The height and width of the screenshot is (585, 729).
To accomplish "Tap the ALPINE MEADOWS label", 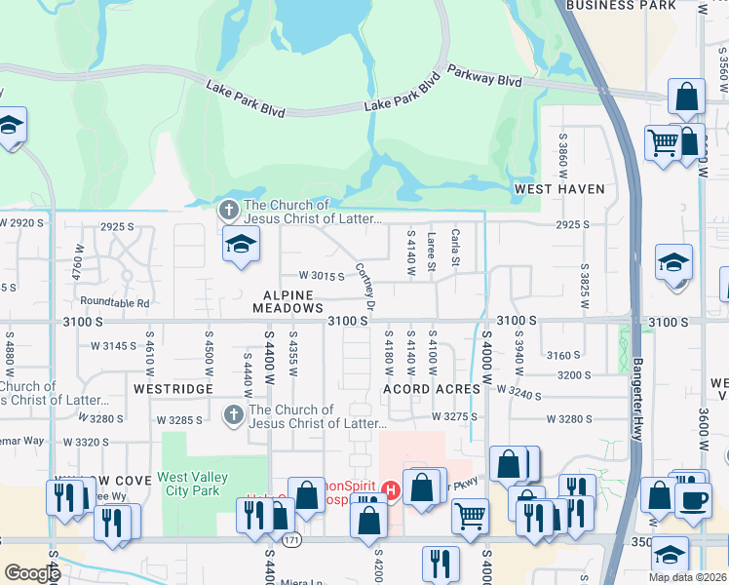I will click(288, 301).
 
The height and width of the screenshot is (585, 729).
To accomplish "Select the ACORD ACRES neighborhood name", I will click(432, 389).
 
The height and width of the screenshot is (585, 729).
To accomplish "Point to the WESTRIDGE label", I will click(173, 388).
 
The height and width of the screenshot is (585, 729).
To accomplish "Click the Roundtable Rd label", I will click(115, 303).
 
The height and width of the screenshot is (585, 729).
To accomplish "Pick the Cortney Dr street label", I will click(365, 286).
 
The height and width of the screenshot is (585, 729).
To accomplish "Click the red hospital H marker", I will click(391, 489).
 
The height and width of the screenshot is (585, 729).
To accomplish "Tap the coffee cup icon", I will click(693, 501).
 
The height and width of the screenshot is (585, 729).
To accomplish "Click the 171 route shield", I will click(293, 539).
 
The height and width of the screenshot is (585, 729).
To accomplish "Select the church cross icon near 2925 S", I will click(228, 210).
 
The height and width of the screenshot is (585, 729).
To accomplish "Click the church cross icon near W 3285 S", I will click(233, 415).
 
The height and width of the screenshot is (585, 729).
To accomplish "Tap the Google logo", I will click(32, 573).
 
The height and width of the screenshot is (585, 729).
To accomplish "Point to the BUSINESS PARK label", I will click(634, 5).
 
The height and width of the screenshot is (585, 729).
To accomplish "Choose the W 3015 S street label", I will click(323, 276).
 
